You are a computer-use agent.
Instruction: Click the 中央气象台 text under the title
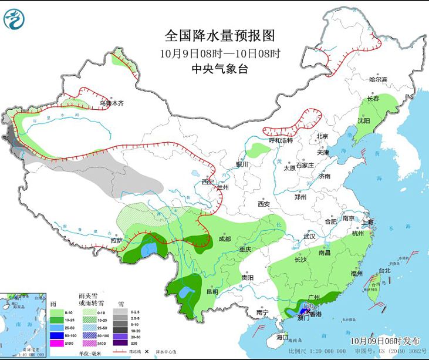point(220,69)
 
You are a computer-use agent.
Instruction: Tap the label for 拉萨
point(117,240)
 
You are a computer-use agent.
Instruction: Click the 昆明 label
point(212,292)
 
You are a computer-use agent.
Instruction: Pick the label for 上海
point(368,223)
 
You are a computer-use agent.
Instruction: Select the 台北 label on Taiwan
point(384,271)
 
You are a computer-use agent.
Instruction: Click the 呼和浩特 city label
point(281,141)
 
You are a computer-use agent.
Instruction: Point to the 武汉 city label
point(309,236)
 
